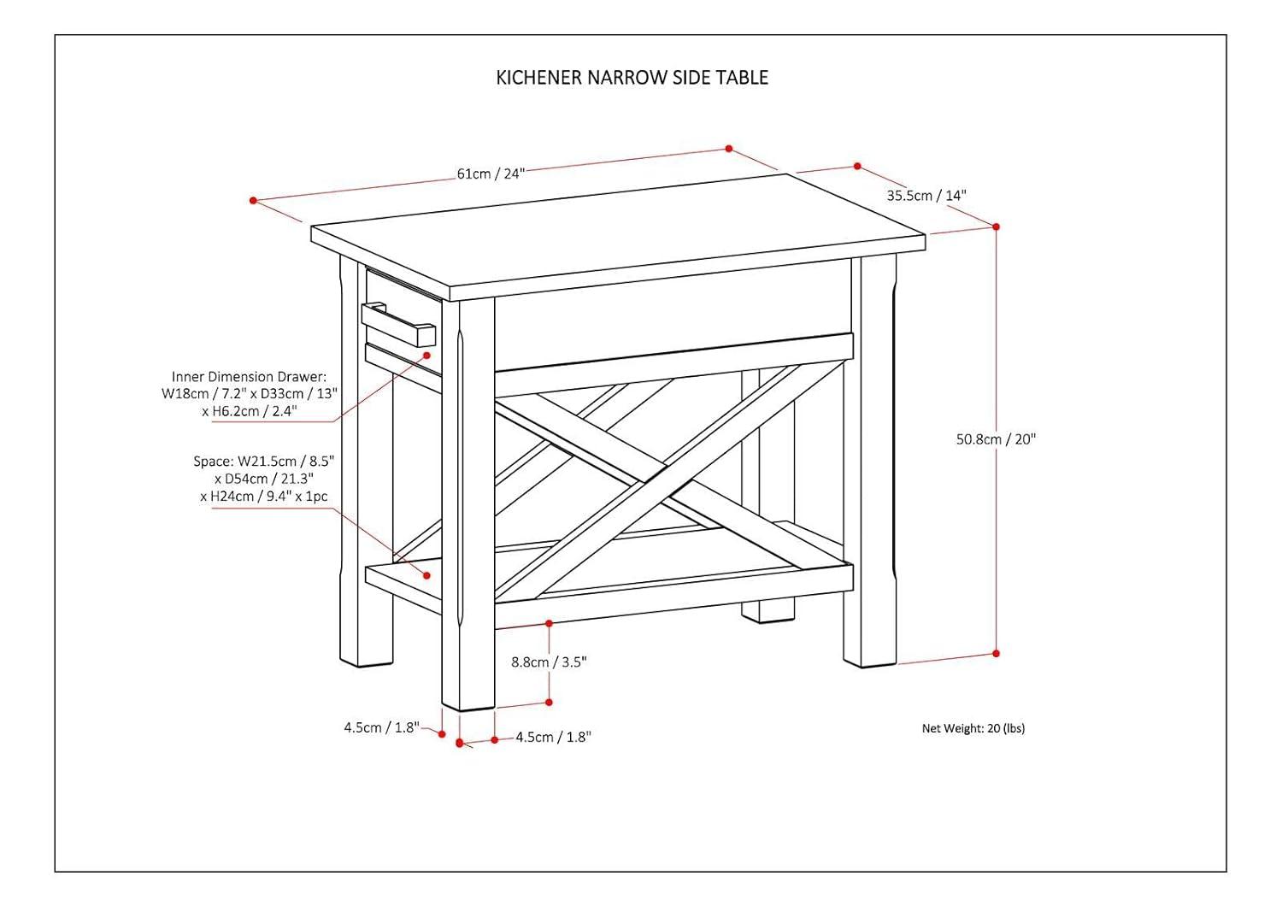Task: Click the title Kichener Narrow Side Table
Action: (632, 78)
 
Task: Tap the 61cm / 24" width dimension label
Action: (490, 174)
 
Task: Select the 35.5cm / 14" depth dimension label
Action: (926, 196)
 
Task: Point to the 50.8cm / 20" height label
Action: (996, 439)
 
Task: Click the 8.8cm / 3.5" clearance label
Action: (550, 662)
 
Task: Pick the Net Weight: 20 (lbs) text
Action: (973, 728)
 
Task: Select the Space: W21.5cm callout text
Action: (264, 479)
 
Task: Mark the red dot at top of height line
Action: (996, 226)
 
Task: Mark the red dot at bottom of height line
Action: (996, 654)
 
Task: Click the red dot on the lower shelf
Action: (426, 575)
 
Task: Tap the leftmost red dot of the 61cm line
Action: (253, 201)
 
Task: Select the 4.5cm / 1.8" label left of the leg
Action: (381, 727)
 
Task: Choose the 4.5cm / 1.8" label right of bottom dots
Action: (553, 737)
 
